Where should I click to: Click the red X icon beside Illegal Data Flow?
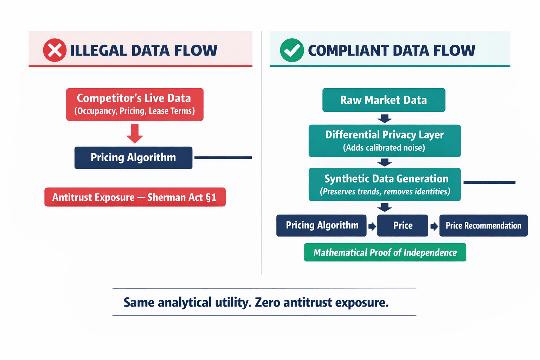coord(55,50)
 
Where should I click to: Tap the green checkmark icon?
coord(292,50)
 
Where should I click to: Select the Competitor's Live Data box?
coord(135,104)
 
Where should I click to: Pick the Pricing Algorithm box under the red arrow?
coord(133,157)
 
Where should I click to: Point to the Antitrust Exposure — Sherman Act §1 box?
coord(135,197)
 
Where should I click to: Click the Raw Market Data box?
coord(384,100)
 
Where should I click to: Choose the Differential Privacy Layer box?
coord(384,141)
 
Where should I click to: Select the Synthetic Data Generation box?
coord(385,184)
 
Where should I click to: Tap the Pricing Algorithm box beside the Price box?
coord(321,225)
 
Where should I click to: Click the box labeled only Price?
coord(403,225)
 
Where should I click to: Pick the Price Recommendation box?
coord(483,225)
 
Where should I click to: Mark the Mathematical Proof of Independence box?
coord(385,252)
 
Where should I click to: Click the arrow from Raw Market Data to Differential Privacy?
coord(385,118)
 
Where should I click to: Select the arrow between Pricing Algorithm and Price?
coord(372,226)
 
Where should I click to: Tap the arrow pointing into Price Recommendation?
coord(434,226)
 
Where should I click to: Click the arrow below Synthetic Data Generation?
coord(385,207)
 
